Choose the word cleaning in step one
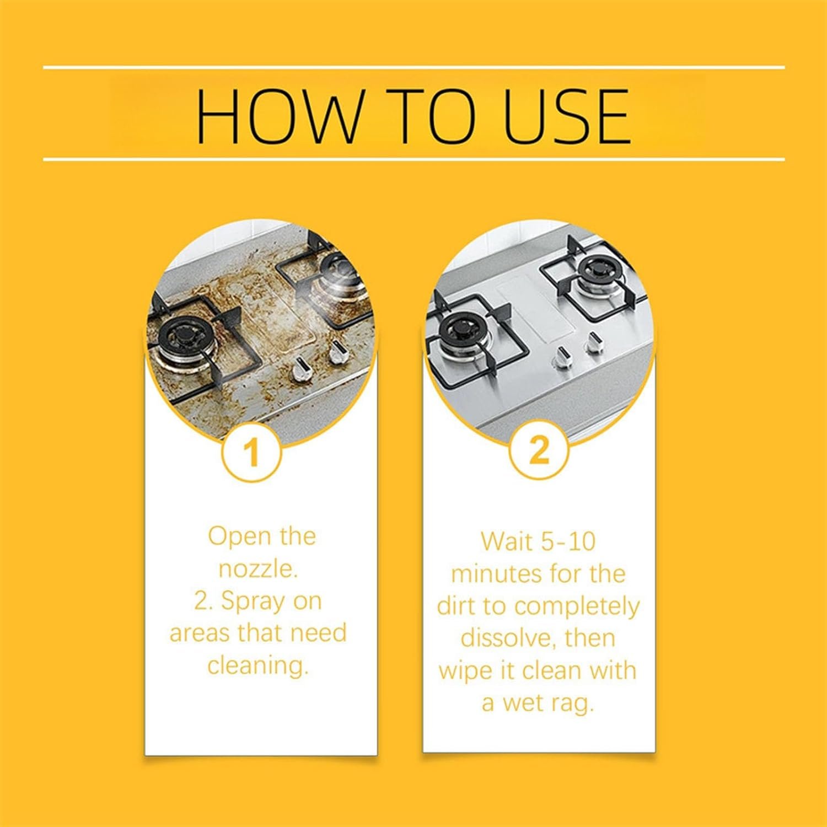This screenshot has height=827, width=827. pyautogui.click(x=257, y=665)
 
